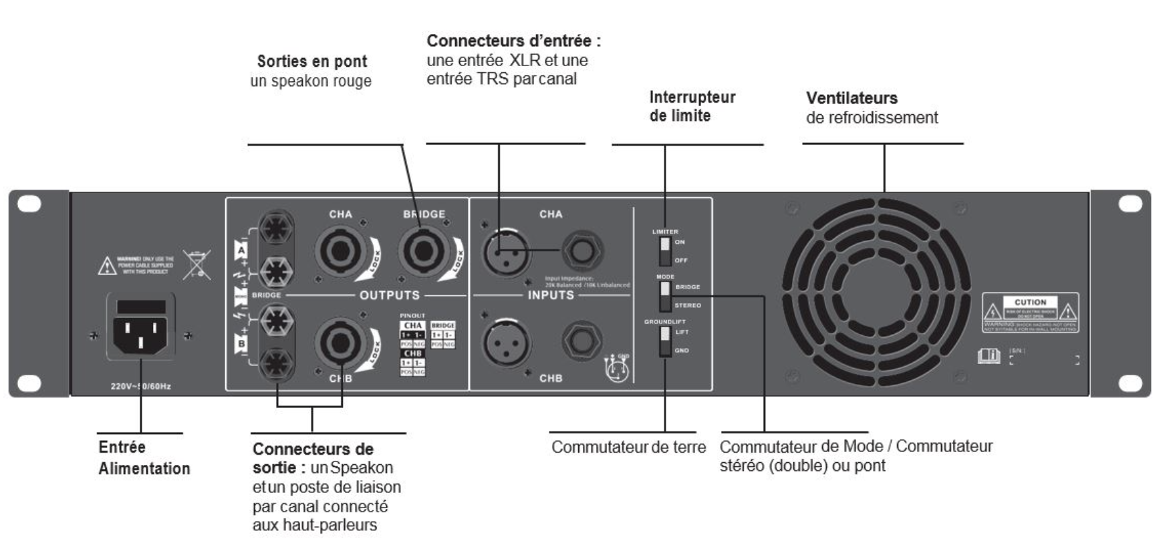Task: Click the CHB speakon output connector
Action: click(x=340, y=342)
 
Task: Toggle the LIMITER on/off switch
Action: click(x=665, y=250)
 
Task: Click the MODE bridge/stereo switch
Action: click(x=665, y=296)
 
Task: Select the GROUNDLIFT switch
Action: click(x=665, y=341)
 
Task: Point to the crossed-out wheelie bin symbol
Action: click(x=197, y=265)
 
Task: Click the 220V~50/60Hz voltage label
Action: click(x=141, y=387)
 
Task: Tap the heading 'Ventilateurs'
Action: click(x=852, y=98)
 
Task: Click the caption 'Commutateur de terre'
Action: click(x=628, y=447)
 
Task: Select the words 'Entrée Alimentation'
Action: click(x=144, y=457)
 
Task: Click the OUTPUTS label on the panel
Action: click(x=390, y=295)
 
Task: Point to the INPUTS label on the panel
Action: click(x=551, y=295)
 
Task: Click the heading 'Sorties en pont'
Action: click(x=312, y=61)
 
